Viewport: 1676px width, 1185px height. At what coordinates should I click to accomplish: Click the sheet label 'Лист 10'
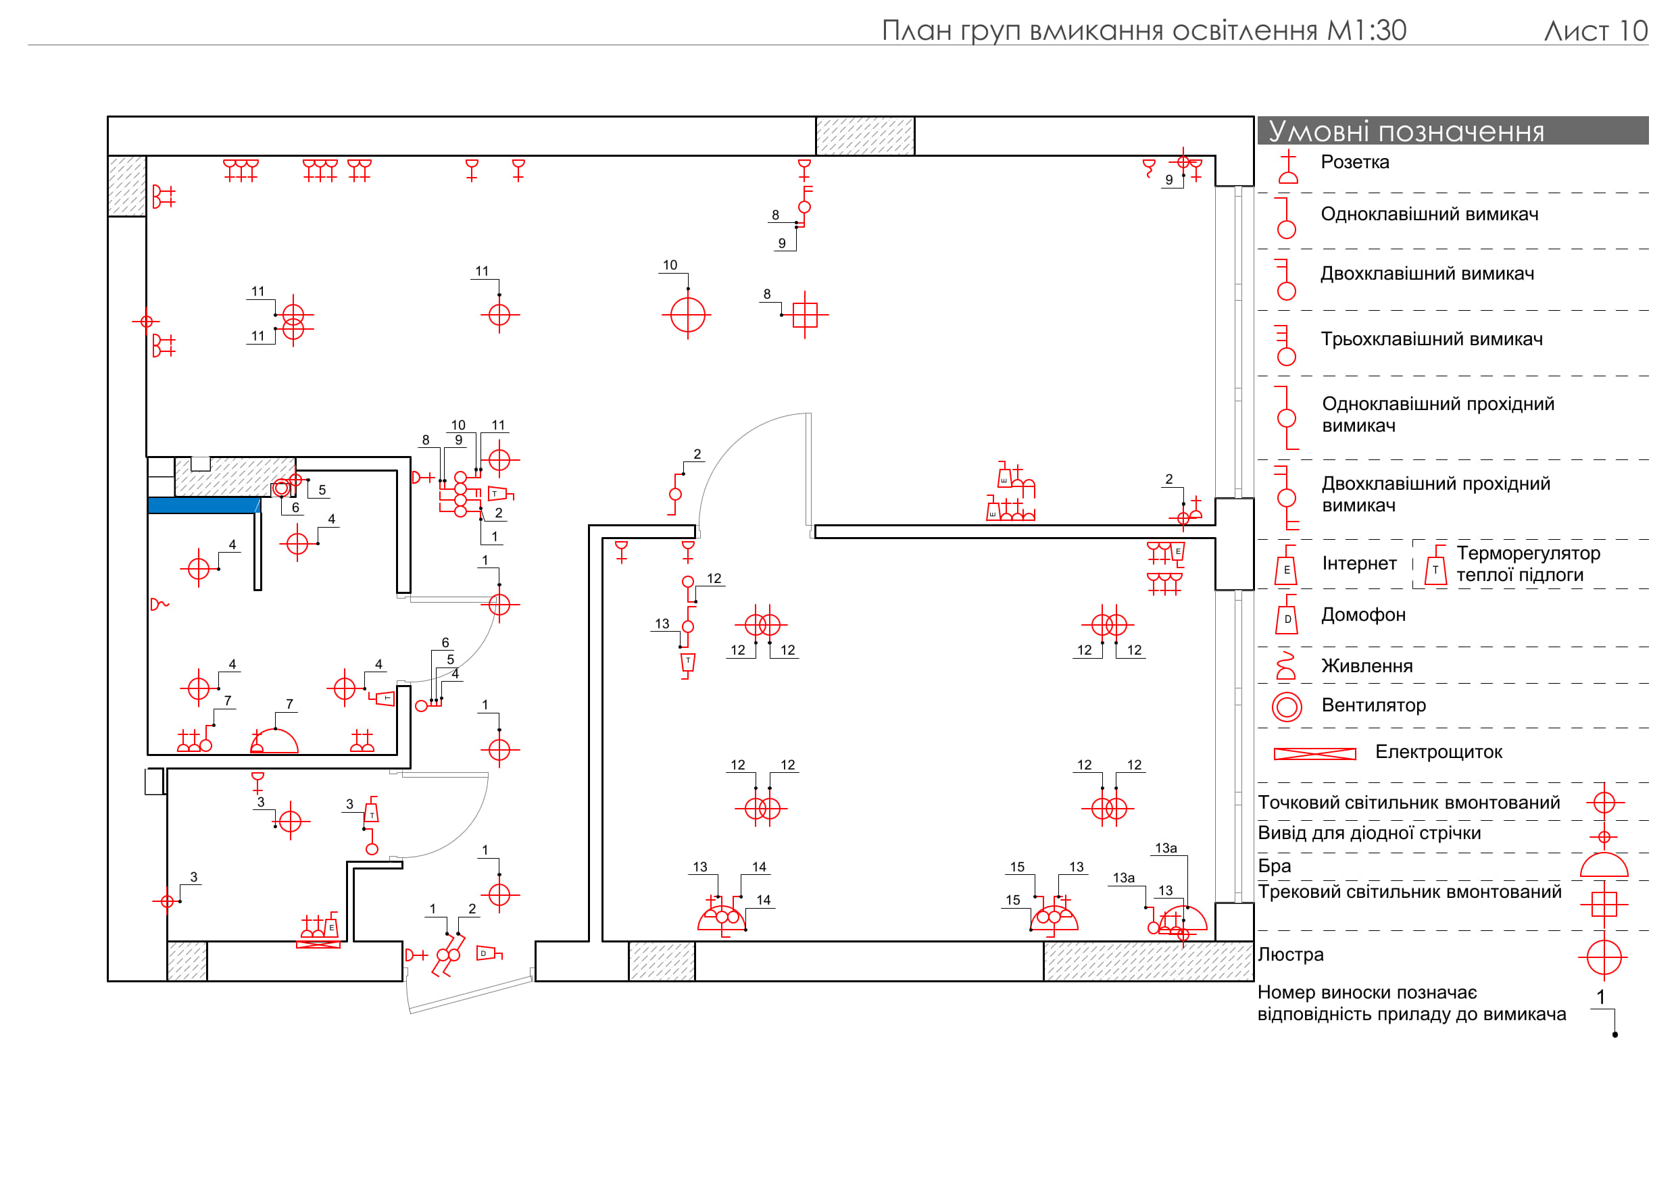point(1596,30)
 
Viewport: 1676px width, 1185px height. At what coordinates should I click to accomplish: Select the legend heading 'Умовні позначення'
point(1406,131)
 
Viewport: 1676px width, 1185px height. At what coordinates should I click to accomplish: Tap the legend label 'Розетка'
point(1355,162)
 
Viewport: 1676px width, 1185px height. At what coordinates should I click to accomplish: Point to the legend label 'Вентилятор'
point(1374,705)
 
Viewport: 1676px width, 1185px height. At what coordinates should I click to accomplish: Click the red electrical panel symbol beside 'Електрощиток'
point(1314,754)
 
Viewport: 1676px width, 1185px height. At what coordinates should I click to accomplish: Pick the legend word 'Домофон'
point(1364,615)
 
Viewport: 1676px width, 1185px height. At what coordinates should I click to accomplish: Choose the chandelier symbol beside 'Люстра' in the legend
point(1604,957)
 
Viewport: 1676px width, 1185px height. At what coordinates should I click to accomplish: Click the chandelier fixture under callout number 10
point(687,316)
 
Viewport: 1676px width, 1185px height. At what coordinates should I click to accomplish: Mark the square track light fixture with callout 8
point(804,316)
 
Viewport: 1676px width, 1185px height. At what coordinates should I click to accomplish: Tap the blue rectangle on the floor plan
point(204,505)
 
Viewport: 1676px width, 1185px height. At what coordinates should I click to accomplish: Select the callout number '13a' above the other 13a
point(1166,848)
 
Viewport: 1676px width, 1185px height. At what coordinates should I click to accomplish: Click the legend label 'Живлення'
point(1367,666)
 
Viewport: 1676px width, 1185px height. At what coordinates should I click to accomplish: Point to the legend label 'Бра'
point(1275,866)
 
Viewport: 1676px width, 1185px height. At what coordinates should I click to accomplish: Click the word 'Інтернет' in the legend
point(1359,563)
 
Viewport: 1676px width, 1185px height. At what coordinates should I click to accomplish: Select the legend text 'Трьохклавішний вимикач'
point(1431,339)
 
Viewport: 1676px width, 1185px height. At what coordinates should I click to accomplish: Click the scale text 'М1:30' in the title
point(1366,30)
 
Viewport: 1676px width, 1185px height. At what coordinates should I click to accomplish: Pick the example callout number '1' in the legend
point(1601,997)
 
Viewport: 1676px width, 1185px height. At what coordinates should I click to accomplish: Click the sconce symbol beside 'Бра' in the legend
point(1604,866)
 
